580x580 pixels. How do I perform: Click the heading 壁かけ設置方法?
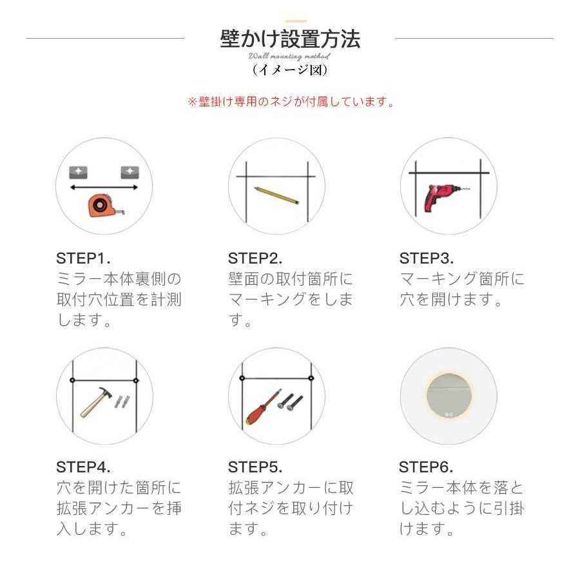[x=290, y=39]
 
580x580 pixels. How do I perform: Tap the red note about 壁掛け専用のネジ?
[x=290, y=102]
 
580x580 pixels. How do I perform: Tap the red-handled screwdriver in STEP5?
[x=261, y=405]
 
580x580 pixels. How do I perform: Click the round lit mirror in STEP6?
[x=449, y=395]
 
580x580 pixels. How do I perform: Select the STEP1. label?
[x=83, y=259]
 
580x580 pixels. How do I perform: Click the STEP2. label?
[x=255, y=259]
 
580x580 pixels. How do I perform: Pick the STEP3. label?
[x=427, y=259]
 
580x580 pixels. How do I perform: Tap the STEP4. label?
[x=83, y=467]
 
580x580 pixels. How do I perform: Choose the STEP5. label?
[x=255, y=467]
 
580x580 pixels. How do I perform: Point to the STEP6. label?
[x=426, y=467]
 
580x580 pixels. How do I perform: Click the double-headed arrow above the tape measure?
[x=104, y=188]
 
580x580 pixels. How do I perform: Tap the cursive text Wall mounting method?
[x=289, y=57]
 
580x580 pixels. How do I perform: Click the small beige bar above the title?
[x=296, y=21]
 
